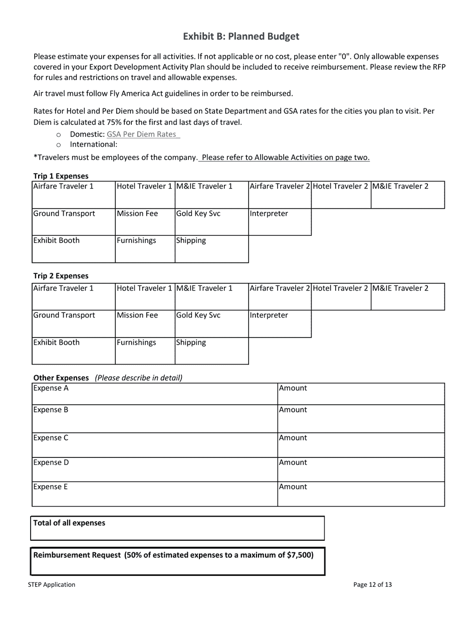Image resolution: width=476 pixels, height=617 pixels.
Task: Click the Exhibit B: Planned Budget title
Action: (241, 37)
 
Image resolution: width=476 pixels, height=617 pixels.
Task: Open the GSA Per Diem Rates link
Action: (142, 134)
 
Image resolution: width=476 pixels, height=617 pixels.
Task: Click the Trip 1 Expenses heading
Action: (61, 176)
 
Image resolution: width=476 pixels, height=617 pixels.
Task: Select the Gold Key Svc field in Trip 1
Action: (211, 222)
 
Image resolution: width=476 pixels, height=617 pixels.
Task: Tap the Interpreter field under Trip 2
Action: (280, 324)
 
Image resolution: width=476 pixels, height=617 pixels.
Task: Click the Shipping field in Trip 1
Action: (211, 249)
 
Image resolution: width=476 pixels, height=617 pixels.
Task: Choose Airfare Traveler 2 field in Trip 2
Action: (280, 296)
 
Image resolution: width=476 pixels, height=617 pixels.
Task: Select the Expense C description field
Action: (154, 444)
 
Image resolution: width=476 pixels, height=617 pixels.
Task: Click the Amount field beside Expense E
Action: (361, 494)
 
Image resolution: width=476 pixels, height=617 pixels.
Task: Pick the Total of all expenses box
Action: (177, 528)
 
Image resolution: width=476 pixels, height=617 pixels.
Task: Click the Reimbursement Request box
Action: (177, 561)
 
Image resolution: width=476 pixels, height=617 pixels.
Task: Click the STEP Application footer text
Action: (52, 584)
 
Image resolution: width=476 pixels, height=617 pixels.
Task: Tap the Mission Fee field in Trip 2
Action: (145, 324)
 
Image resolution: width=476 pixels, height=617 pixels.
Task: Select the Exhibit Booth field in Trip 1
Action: (73, 249)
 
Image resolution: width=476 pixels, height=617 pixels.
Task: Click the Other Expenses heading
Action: (61, 378)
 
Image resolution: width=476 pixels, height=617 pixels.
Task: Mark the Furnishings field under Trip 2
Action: (145, 351)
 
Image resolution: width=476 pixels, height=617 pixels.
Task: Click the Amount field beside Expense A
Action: (361, 394)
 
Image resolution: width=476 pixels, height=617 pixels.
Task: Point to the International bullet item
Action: (93, 144)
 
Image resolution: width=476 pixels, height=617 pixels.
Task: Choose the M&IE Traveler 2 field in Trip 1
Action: (407, 195)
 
